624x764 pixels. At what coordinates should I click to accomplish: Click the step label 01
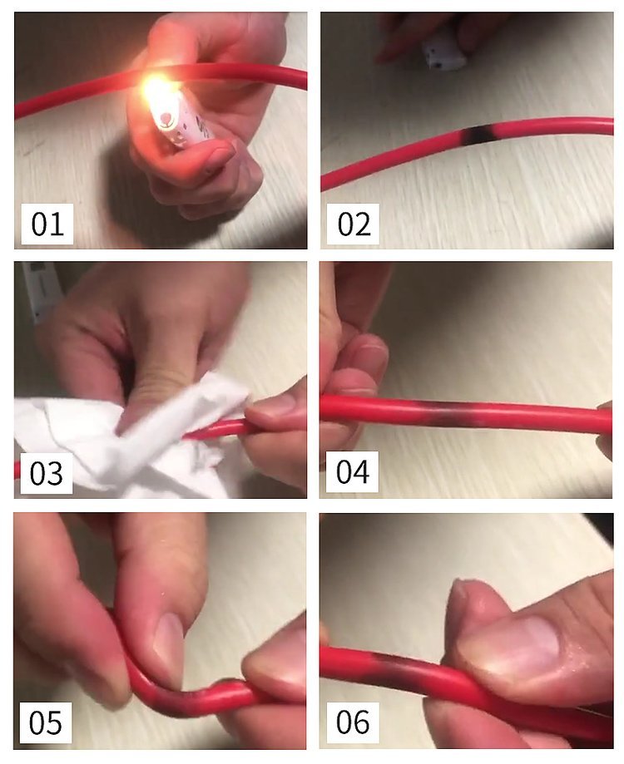coord(47,224)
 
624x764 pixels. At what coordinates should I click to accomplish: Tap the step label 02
coord(353,224)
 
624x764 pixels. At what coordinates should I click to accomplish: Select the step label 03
coord(47,473)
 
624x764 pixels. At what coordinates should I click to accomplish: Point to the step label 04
coord(353,471)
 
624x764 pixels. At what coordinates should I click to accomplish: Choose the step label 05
coord(46,722)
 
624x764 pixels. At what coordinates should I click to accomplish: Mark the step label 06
coord(353,722)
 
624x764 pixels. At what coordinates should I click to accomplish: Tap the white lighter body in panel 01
coord(181,121)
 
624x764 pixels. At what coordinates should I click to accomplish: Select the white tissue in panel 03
coord(126,441)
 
